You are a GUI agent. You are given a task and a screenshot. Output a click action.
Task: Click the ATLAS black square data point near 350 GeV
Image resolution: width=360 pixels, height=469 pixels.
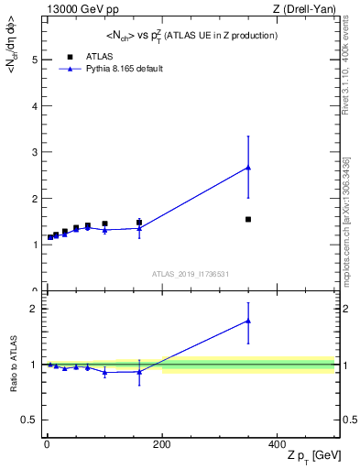[248, 219]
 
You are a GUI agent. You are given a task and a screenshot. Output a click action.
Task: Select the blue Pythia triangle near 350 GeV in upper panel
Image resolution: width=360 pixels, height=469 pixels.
[248, 168]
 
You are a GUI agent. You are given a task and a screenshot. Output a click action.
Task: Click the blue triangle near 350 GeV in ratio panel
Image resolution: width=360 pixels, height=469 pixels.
[248, 321]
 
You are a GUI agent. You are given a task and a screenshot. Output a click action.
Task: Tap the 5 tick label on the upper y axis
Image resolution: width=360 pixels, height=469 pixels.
[34, 60]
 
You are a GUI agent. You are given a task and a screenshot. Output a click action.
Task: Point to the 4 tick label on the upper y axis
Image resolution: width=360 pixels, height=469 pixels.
[34, 106]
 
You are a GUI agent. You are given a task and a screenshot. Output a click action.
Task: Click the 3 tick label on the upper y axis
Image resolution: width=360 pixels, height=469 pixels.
[34, 152]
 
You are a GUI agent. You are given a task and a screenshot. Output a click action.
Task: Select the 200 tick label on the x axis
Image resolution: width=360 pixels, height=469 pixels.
[161, 443]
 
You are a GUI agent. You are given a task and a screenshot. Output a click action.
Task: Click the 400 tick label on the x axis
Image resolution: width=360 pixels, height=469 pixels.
[277, 443]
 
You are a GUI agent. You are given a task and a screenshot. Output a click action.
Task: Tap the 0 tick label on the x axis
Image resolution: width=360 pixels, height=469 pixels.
[47, 443]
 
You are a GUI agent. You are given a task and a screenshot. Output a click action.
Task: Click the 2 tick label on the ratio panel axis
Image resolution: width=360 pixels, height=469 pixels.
[34, 309]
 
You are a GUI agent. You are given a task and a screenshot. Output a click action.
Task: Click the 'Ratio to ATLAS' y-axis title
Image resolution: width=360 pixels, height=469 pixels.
[14, 365]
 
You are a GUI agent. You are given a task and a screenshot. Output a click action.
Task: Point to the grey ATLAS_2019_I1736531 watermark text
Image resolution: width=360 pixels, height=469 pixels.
[190, 273]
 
